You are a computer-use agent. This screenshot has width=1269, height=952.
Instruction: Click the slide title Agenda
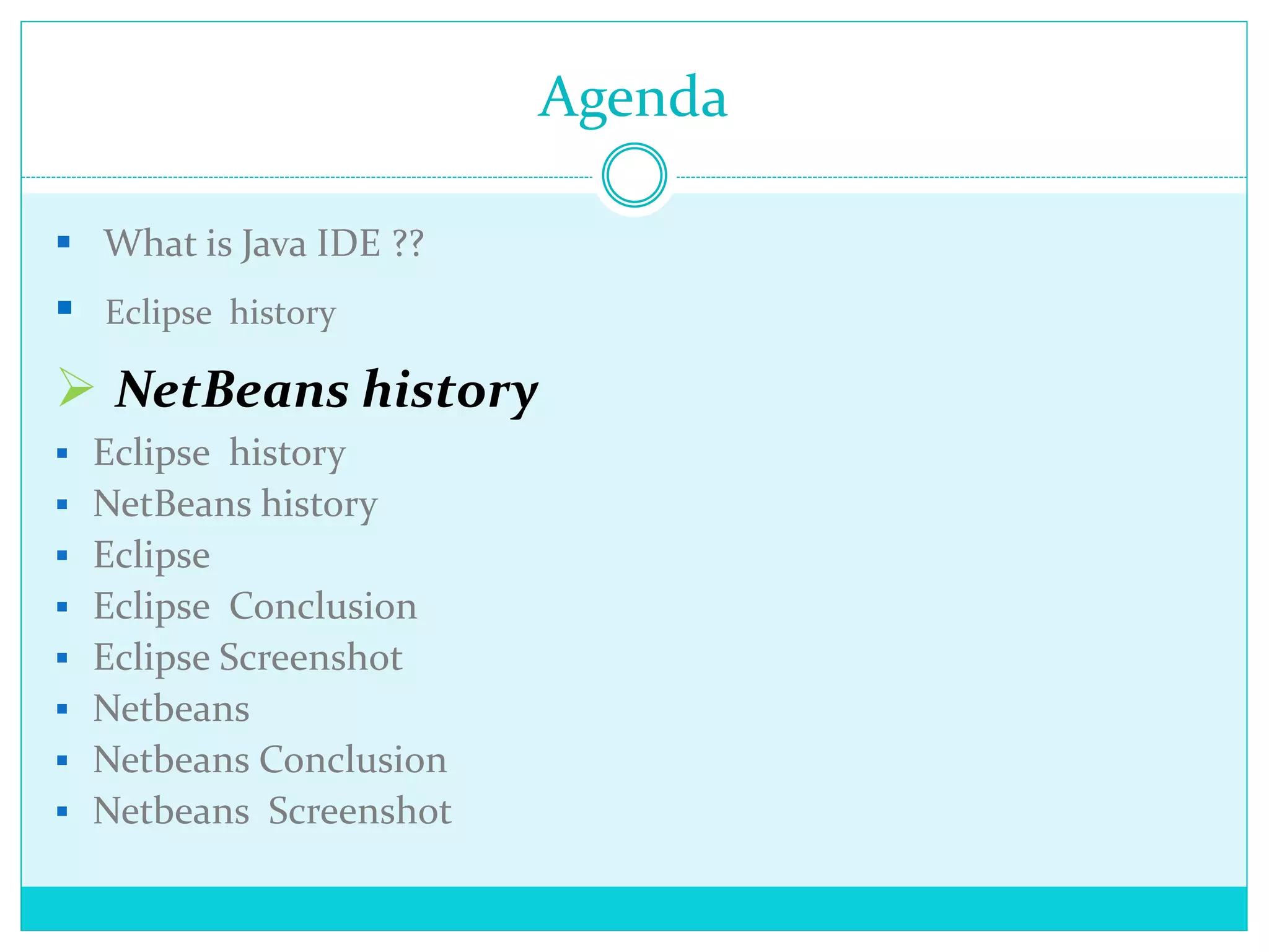click(x=633, y=98)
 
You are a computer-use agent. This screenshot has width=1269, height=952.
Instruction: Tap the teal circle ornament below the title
click(x=634, y=175)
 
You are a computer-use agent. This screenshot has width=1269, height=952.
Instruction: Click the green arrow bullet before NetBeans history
click(x=75, y=387)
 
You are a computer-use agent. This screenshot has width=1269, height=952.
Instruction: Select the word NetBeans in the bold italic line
click(x=232, y=390)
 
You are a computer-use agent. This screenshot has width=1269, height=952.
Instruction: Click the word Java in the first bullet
click(x=273, y=244)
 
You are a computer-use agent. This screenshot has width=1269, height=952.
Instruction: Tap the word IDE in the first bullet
click(x=348, y=243)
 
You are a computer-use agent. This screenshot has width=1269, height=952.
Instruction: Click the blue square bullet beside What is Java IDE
click(x=64, y=242)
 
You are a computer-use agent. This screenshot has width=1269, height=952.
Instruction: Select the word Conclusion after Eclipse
click(x=323, y=606)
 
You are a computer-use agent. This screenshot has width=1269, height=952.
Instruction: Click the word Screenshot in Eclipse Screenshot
click(x=311, y=657)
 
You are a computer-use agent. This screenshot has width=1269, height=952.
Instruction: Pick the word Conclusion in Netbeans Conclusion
click(x=353, y=759)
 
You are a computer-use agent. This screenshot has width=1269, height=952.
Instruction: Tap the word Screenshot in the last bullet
click(x=360, y=811)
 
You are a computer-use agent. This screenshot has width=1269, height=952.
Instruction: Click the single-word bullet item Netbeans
click(x=171, y=708)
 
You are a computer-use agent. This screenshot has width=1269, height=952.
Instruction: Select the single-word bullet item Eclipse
click(x=152, y=555)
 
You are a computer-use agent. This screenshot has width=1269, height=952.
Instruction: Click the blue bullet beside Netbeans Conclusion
click(x=62, y=760)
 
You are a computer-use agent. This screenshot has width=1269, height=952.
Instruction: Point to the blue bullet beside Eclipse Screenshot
click(x=62, y=658)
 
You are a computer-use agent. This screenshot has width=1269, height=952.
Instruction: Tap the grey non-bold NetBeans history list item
click(x=235, y=504)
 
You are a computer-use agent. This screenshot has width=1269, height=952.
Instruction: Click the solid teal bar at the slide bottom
click(x=634, y=908)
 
